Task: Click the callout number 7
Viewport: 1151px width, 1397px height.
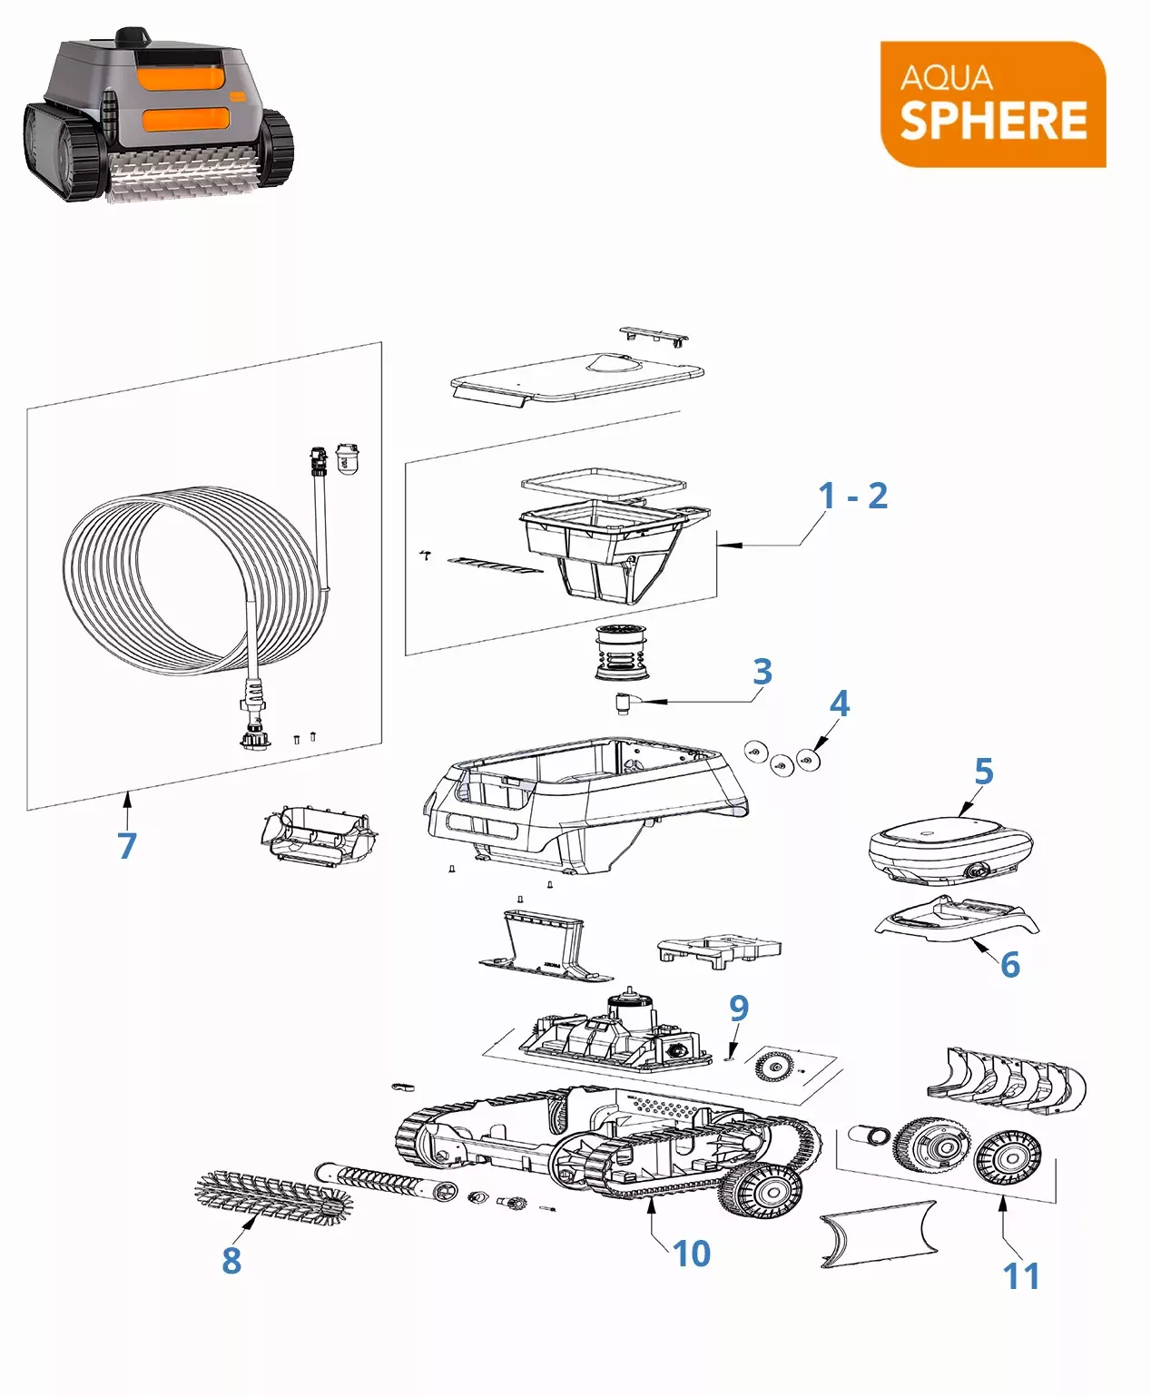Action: (x=127, y=845)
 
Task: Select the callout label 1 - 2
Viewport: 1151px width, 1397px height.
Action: (x=853, y=496)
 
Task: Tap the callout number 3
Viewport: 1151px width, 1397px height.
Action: (x=762, y=671)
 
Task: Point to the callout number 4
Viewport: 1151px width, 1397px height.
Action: (x=840, y=703)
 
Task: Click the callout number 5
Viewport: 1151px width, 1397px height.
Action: (x=984, y=772)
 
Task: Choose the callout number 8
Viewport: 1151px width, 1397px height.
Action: (x=231, y=1261)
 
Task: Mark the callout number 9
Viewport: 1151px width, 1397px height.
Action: (x=739, y=1008)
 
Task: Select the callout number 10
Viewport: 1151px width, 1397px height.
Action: (x=692, y=1254)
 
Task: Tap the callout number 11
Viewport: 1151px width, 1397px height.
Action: (x=1021, y=1276)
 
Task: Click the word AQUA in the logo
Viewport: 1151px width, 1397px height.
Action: (x=946, y=78)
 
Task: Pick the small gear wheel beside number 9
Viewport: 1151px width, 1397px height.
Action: (x=773, y=1067)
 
